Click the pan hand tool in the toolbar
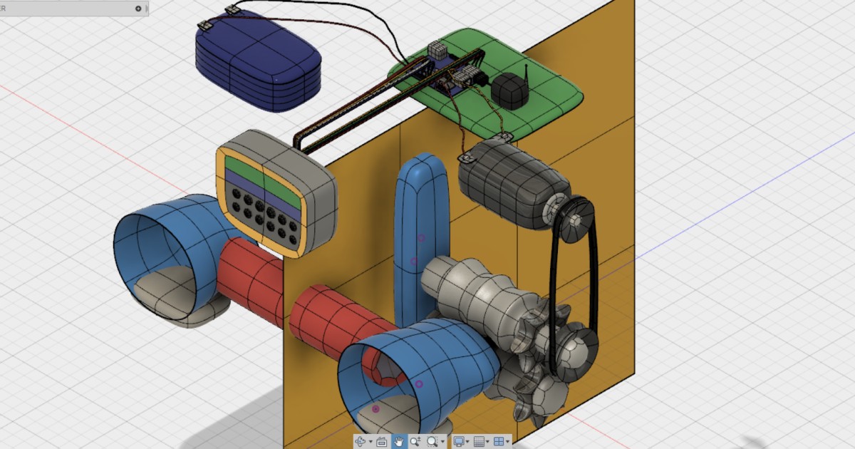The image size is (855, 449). click(x=399, y=442)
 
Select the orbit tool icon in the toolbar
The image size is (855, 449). click(x=361, y=442)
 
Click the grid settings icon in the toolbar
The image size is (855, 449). click(x=480, y=442)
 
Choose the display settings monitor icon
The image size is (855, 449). click(x=459, y=442)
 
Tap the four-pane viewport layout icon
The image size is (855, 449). click(x=499, y=442)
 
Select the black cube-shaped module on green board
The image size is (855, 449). click(x=509, y=91)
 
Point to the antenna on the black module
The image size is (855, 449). click(x=526, y=72)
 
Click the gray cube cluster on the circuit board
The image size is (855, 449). click(x=437, y=51)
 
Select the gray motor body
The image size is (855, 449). click(x=509, y=182)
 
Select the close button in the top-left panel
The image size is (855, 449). click(x=138, y=9)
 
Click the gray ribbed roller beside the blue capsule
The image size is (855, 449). click(x=474, y=289)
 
